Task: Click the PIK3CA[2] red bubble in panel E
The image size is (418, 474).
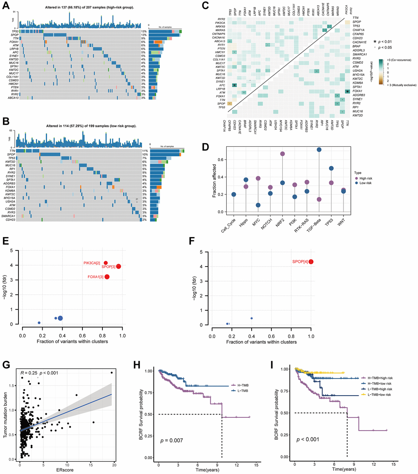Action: [x=106, y=263]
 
